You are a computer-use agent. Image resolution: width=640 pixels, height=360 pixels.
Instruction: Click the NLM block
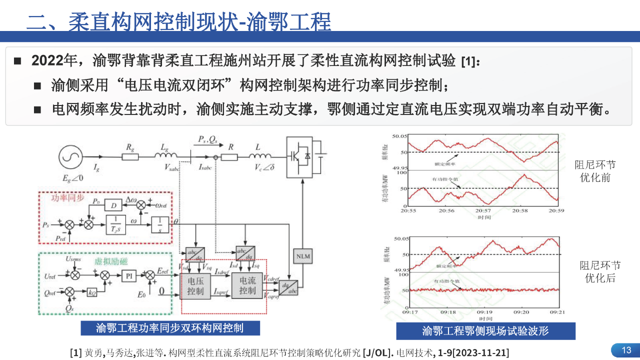[x=303, y=256]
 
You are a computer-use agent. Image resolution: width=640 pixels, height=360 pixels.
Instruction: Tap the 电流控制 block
[x=247, y=285]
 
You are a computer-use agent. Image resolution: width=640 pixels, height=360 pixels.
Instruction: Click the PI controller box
[x=128, y=274]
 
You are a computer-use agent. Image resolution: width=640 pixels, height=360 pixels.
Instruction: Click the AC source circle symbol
[x=70, y=157]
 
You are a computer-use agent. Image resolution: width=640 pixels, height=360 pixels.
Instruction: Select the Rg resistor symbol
[x=130, y=156]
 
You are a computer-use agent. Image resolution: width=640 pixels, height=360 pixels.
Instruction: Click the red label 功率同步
[x=65, y=197]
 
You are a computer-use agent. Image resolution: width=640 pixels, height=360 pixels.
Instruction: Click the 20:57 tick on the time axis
[x=484, y=211]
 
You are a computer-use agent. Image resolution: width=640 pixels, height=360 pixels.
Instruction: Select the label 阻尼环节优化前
[x=595, y=171]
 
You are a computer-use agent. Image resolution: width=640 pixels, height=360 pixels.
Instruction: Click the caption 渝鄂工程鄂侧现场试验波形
[x=485, y=331]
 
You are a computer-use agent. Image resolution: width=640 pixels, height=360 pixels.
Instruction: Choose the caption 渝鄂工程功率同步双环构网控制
[x=170, y=328]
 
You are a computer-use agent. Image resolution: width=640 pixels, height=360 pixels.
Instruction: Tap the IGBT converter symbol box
[x=302, y=157]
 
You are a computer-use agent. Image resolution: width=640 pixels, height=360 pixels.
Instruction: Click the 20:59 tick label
[x=556, y=211]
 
